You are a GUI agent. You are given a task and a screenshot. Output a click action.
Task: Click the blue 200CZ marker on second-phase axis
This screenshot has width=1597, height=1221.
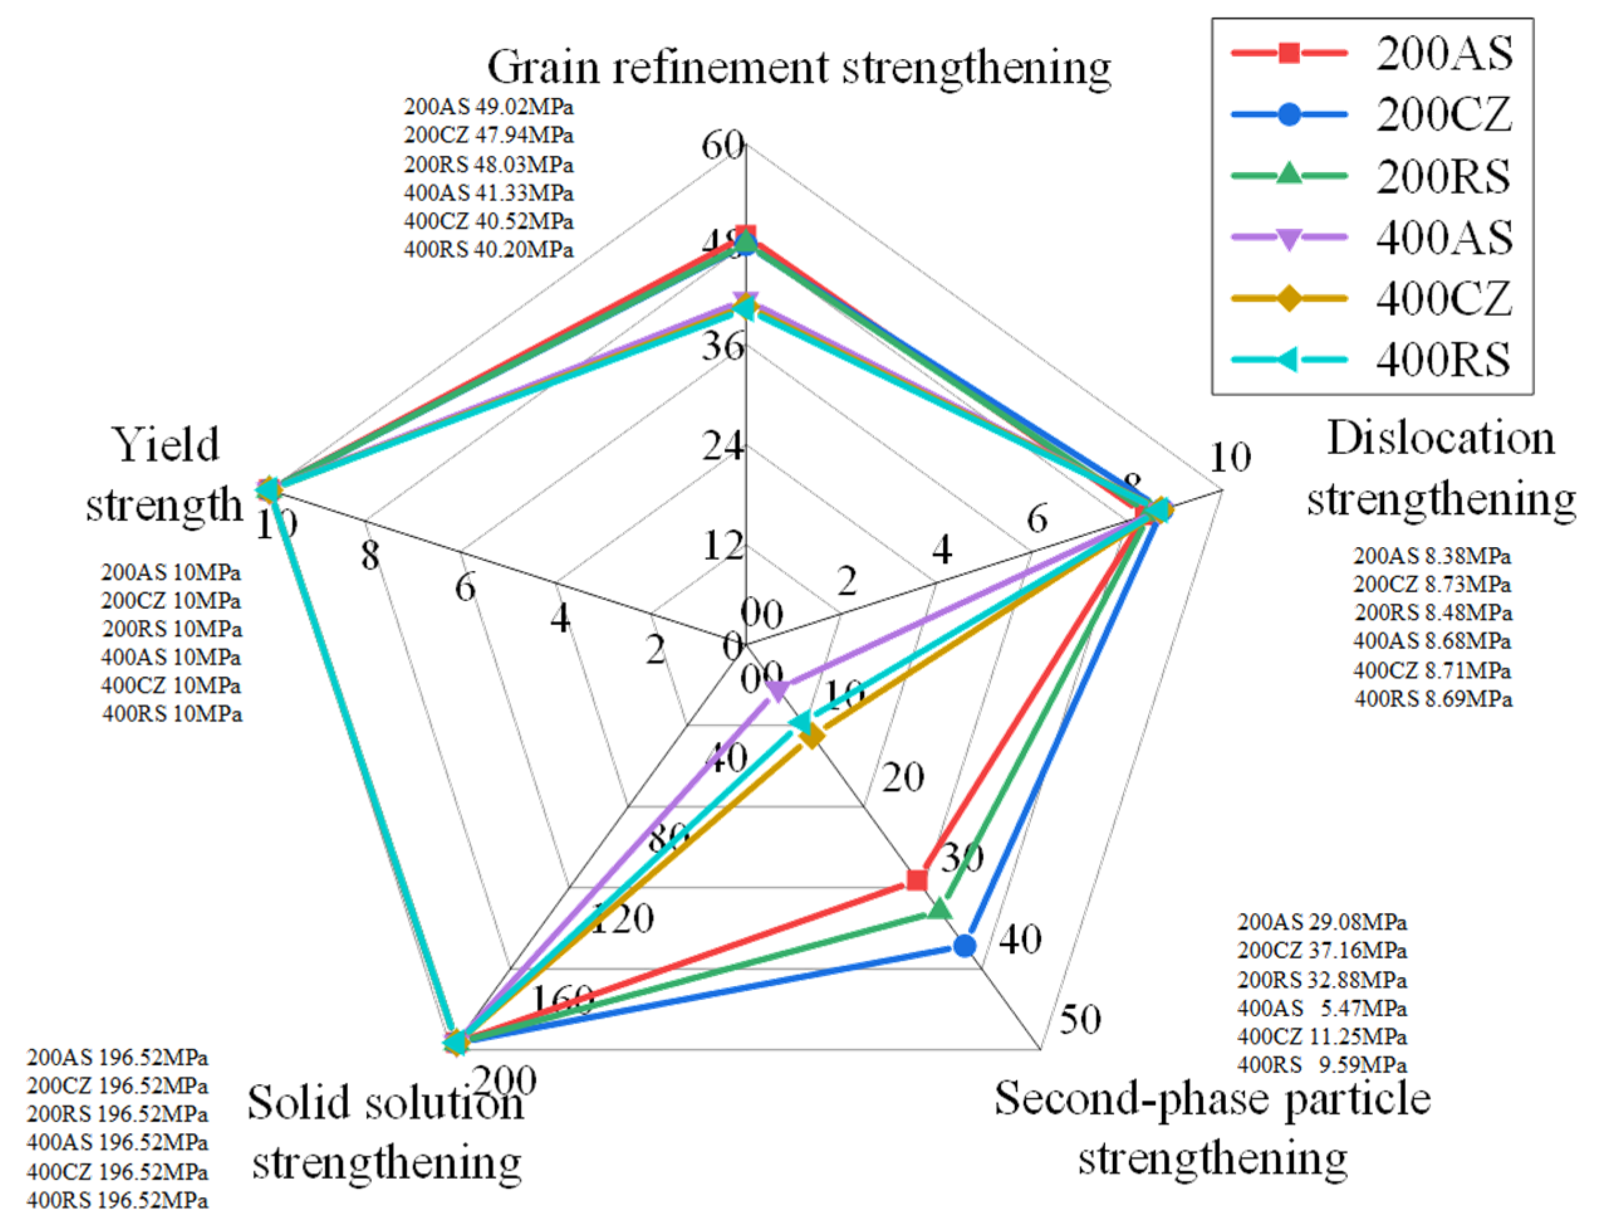(x=964, y=945)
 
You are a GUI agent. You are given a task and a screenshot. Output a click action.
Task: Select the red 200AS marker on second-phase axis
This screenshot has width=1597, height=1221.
(x=918, y=880)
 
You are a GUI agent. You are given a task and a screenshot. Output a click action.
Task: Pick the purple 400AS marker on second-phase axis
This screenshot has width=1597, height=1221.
(x=776, y=690)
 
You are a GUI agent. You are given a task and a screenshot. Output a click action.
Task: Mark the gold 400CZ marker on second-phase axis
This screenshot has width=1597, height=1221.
(x=811, y=737)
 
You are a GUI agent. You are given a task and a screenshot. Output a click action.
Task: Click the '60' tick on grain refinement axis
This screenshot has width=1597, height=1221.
(x=722, y=145)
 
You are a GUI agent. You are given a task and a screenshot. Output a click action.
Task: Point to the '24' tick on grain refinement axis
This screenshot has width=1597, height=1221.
(x=723, y=445)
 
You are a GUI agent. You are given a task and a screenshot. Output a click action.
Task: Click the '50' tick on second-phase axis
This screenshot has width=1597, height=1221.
(x=1080, y=1019)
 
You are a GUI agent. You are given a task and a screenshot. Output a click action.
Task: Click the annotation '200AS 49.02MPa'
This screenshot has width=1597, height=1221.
(x=488, y=107)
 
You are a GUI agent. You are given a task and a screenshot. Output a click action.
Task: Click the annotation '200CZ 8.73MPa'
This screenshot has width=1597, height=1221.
(x=1432, y=584)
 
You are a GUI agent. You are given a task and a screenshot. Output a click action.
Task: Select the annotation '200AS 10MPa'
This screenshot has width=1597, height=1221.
(x=171, y=573)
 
